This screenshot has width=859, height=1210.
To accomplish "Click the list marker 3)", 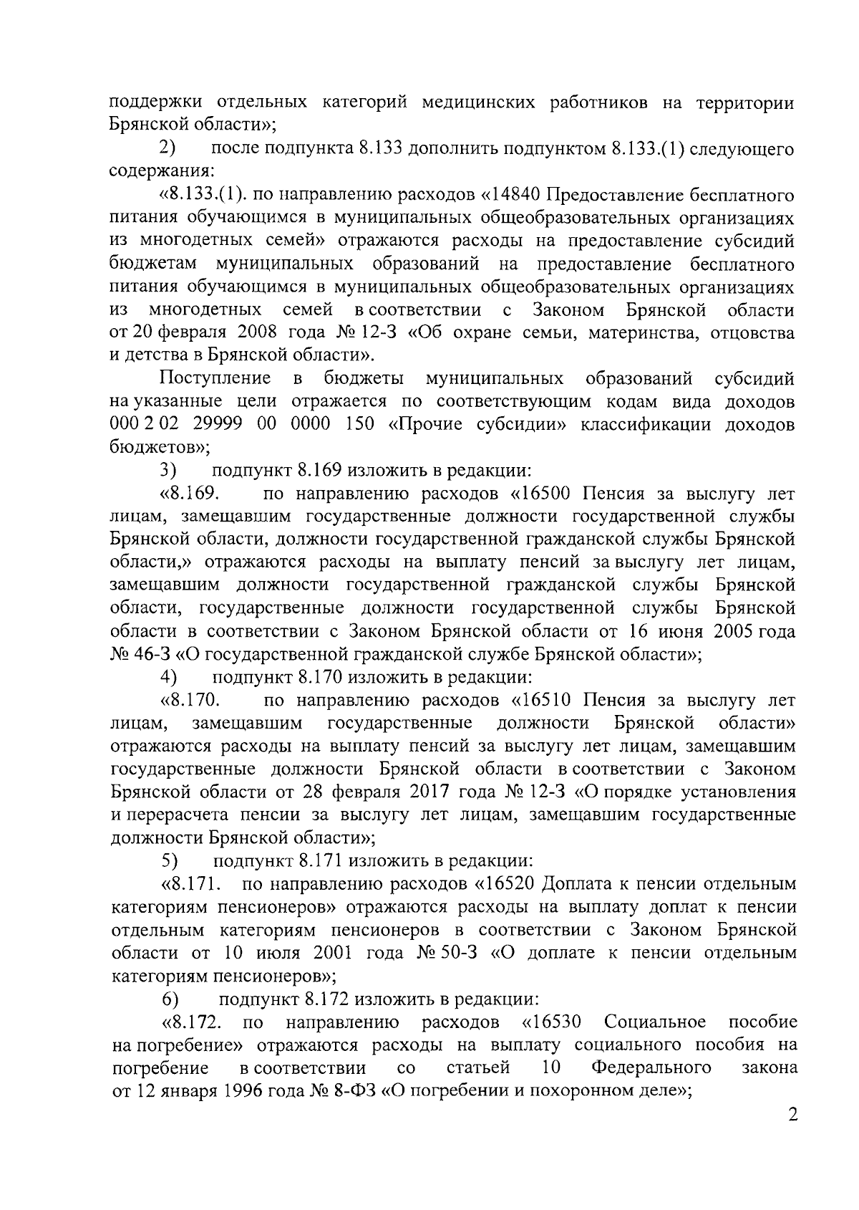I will click(168, 471).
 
